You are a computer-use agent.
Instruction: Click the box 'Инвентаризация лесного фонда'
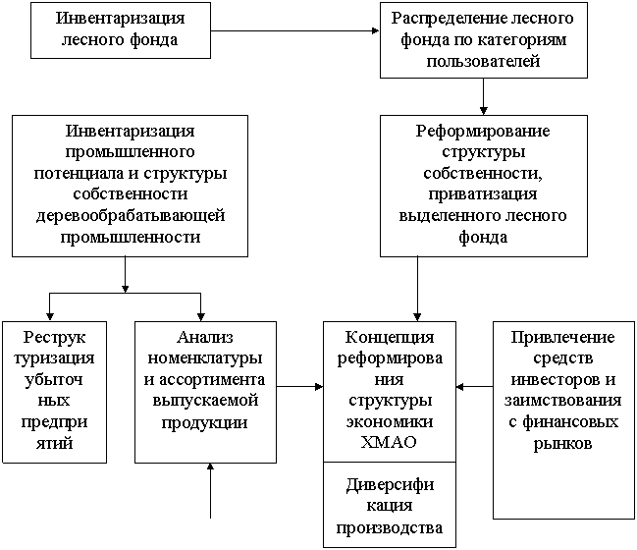pyautogui.click(x=121, y=30)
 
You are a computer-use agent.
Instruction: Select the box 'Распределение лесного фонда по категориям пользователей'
pyautogui.click(x=484, y=40)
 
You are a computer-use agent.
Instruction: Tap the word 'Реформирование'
pyautogui.click(x=483, y=132)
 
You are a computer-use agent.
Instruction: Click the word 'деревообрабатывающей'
pyautogui.click(x=131, y=215)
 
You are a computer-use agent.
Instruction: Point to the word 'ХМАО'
pyautogui.click(x=389, y=442)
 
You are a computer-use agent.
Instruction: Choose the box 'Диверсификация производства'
pyautogui.click(x=390, y=505)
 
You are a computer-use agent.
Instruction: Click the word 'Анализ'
pyautogui.click(x=205, y=338)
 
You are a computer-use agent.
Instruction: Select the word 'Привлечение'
pyautogui.click(x=562, y=338)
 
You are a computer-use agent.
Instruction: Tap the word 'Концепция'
pyautogui.click(x=390, y=338)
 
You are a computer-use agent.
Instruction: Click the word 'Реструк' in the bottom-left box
pyautogui.click(x=54, y=338)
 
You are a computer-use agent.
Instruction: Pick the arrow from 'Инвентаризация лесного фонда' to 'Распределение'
pyautogui.click(x=294, y=30)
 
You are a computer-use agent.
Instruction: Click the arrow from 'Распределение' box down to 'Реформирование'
pyautogui.click(x=484, y=97)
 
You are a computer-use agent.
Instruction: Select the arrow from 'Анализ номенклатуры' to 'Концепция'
pyautogui.click(x=299, y=387)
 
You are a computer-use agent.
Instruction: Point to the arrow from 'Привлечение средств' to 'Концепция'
pyautogui.click(x=474, y=387)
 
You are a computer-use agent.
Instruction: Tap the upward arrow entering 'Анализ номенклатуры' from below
pyautogui.click(x=210, y=491)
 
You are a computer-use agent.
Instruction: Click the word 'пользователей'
pyautogui.click(x=484, y=61)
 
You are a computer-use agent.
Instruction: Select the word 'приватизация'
pyautogui.click(x=483, y=194)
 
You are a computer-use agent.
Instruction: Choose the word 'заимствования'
pyautogui.click(x=562, y=401)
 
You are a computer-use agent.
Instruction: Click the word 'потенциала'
pyautogui.click(x=79, y=174)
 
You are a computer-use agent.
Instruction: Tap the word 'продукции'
pyautogui.click(x=205, y=422)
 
